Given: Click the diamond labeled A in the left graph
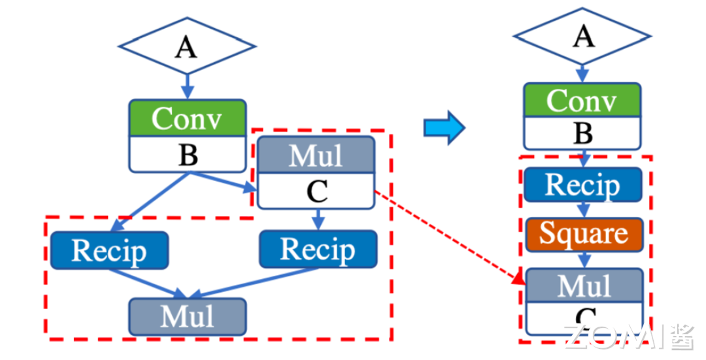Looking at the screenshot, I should tap(186, 46).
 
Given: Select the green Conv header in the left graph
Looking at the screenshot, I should tap(187, 119).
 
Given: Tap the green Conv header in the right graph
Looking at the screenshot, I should tap(582, 101).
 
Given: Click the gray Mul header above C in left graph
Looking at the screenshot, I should tap(316, 156).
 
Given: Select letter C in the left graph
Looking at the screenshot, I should tap(316, 192).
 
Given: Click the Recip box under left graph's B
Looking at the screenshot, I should tap(109, 250).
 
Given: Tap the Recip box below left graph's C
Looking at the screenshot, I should tap(318, 249).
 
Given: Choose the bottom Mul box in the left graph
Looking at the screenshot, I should tap(188, 317).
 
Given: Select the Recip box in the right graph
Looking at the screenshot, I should tap(582, 185).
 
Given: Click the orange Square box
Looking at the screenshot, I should tap(583, 234).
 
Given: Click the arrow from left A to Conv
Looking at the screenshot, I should tap(187, 85).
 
